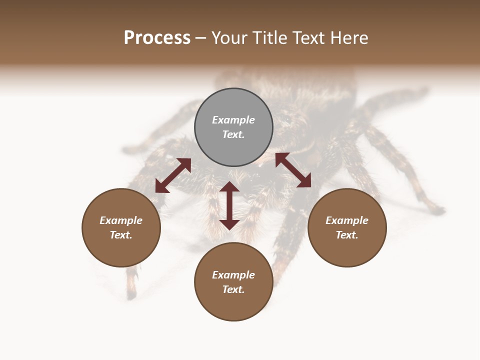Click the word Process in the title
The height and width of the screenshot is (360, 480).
[x=157, y=38]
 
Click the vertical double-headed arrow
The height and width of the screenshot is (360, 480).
[x=229, y=205]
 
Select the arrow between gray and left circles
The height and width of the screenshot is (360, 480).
[x=173, y=175]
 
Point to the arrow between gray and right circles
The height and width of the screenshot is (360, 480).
[x=293, y=170]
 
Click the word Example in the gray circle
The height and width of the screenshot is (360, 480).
[x=233, y=120]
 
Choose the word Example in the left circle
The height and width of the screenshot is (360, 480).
[x=121, y=220]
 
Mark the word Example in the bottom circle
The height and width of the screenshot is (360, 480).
[x=233, y=275]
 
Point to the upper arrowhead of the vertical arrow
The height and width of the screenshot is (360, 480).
[x=229, y=187]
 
